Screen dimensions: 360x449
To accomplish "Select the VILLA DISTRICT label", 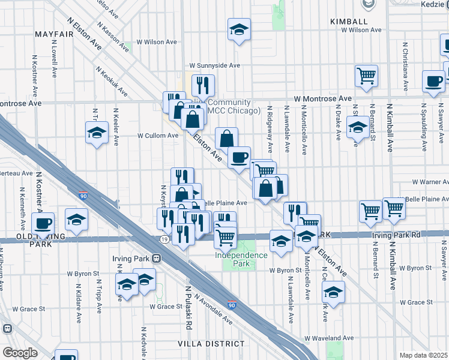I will pyautogui.click(x=211, y=343).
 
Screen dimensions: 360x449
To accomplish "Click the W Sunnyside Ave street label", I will pyautogui.click(x=214, y=65).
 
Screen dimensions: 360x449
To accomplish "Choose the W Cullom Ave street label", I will pyautogui.click(x=158, y=136).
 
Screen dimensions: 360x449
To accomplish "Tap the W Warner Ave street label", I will pyautogui.click(x=430, y=182).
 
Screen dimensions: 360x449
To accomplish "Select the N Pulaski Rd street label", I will pyautogui.click(x=188, y=308).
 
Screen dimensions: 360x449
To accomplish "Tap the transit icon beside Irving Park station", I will pyautogui.click(x=157, y=259).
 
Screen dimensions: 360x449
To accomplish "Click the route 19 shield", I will pyautogui.click(x=163, y=239).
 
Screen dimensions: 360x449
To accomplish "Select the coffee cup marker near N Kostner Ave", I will pyautogui.click(x=43, y=223).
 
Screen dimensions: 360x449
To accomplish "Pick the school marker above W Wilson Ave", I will pyautogui.click(x=239, y=29).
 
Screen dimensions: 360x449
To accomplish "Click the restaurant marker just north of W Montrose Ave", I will pyautogui.click(x=203, y=85).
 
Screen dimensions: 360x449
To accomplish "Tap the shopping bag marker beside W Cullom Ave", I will pyautogui.click(x=226, y=139).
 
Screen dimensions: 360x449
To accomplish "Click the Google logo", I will pyautogui.click(x=20, y=353).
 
